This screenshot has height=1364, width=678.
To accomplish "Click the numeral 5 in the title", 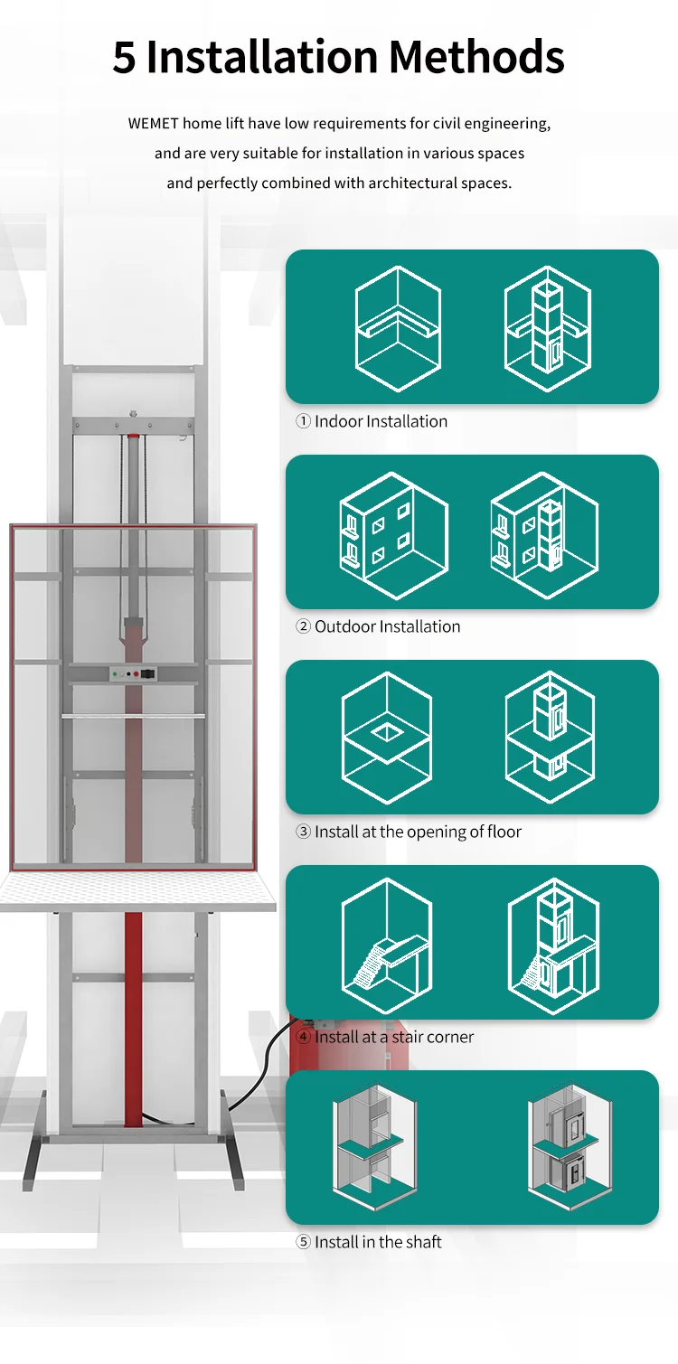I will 126,58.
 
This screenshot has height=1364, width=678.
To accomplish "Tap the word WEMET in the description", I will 153,123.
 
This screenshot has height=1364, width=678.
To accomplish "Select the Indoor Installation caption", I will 372,421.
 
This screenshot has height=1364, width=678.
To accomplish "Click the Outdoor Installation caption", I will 378,626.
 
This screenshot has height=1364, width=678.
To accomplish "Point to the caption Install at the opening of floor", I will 409,832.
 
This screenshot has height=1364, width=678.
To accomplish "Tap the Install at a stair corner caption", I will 385,1037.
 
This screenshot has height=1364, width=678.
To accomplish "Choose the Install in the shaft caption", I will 369,1242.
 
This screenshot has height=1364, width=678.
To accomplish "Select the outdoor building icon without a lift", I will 393,534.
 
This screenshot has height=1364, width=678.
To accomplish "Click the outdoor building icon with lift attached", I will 543,534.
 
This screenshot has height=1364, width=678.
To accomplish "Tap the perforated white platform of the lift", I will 136,891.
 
